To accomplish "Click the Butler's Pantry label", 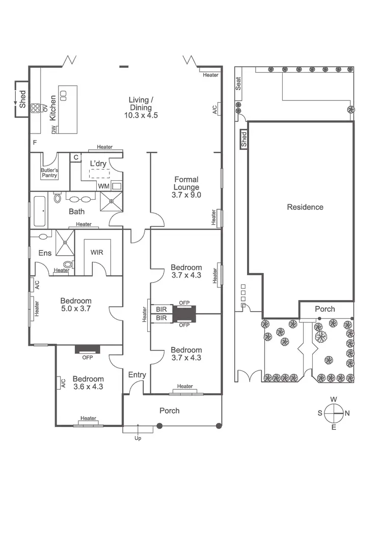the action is click(x=49, y=172).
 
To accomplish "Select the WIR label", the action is click(x=97, y=252).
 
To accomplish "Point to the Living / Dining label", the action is click(x=141, y=107).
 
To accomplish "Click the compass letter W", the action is click(x=334, y=399).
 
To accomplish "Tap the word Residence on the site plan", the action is click(x=305, y=207).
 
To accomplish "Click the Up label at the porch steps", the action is click(x=138, y=438).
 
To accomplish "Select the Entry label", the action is click(x=137, y=375).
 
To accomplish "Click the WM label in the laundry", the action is click(x=103, y=186).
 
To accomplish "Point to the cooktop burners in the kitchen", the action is click(x=37, y=107).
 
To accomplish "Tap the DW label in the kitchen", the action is click(x=54, y=130).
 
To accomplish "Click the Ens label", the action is click(x=45, y=253).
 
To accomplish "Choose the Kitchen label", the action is click(x=53, y=107).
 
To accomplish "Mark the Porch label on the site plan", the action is click(x=325, y=309).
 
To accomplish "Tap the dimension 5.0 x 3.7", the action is click(x=76, y=309).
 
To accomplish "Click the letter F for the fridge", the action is click(x=35, y=142).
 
